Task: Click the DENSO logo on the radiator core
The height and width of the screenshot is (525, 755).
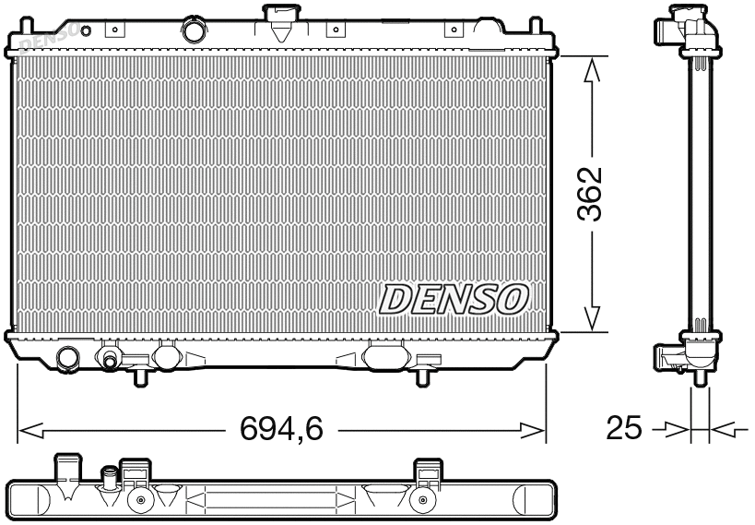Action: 454,298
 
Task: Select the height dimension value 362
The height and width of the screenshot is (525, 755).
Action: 591,194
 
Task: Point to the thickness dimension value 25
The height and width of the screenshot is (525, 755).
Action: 624,428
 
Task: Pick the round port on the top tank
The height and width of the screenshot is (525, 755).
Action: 195,30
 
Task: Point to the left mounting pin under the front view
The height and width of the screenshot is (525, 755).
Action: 140,376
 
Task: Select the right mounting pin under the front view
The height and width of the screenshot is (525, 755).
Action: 423,376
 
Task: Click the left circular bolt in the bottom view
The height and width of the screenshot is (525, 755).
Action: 140,502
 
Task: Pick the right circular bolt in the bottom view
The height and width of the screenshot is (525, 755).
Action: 422,502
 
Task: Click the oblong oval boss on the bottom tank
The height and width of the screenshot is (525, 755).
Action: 386,354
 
